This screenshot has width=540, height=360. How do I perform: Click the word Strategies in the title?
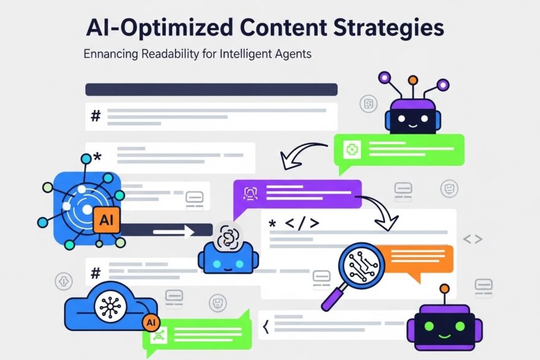pos(388,28)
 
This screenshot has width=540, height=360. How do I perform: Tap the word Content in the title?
pos(283,27)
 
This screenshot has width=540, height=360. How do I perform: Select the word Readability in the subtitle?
pos(170,54)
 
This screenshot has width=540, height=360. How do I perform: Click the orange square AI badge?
pos(106,219)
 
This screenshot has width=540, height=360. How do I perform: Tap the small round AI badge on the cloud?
pos(151,323)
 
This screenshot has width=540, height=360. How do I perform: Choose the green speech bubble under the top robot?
pos(399,152)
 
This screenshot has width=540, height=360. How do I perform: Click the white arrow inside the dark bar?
pos(173,231)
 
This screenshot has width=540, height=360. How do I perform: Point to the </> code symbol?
pos(302,223)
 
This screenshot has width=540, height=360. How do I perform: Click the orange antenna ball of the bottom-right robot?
pos(444,288)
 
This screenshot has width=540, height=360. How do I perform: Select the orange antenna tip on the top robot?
pos(413,80)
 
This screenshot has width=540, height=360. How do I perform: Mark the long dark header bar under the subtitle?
pos(211,90)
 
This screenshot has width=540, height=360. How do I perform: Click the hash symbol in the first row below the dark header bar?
pos(96,116)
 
